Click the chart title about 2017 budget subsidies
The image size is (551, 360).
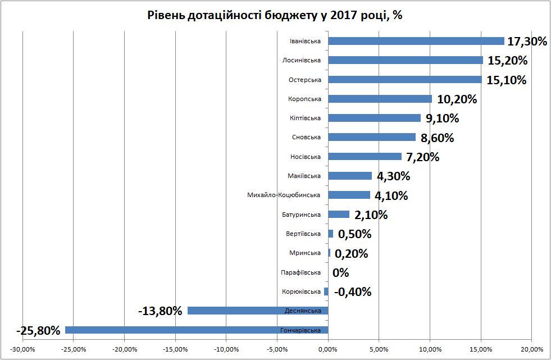(x=275, y=15)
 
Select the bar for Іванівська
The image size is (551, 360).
(x=416, y=41)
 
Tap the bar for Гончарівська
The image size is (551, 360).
(x=197, y=330)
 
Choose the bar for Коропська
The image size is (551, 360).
(x=380, y=99)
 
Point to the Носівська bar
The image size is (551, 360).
(x=365, y=157)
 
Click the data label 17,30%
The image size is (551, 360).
(x=527, y=42)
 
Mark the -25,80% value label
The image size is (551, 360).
(x=38, y=330)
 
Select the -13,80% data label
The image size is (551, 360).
(x=160, y=311)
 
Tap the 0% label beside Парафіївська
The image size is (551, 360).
(x=341, y=273)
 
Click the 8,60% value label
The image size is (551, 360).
(x=437, y=138)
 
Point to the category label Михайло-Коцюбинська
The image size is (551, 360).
(x=284, y=195)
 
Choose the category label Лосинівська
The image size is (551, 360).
(x=302, y=60)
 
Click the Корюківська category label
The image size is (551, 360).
(x=301, y=291)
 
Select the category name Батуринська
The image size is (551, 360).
(x=301, y=215)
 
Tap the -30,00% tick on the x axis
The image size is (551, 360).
(x=23, y=350)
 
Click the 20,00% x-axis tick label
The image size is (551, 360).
(x=531, y=350)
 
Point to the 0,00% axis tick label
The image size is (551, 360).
(x=328, y=350)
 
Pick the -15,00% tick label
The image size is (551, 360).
(x=175, y=350)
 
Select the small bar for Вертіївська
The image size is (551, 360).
(x=330, y=234)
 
